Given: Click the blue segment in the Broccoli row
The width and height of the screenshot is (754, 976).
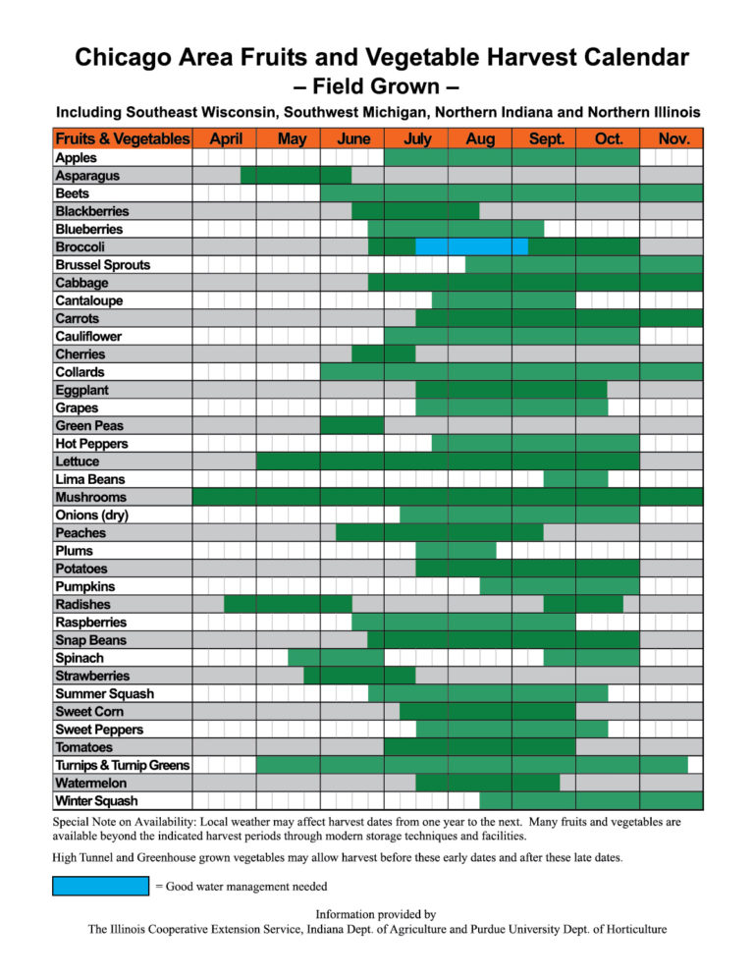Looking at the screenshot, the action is [x=471, y=247].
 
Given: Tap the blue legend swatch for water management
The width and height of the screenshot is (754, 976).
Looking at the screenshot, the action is [x=101, y=886].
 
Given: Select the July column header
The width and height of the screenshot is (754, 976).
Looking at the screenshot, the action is [x=416, y=138].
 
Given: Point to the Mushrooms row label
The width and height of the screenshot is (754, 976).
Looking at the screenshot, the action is [x=91, y=498].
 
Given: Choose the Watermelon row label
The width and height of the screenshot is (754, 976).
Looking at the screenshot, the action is [x=91, y=783].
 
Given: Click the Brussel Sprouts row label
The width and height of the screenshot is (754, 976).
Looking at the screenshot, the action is [x=103, y=265].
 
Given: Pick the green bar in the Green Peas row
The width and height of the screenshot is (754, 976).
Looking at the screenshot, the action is [x=352, y=426].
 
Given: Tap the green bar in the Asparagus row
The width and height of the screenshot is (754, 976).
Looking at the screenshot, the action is [x=296, y=176].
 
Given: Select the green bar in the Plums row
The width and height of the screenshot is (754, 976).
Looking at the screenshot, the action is [x=456, y=551].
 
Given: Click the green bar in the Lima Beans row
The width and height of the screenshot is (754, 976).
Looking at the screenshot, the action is [x=576, y=479].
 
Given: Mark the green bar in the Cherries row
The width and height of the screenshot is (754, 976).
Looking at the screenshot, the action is [x=384, y=354].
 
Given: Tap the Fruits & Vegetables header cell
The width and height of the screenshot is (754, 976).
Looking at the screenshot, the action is [x=123, y=138].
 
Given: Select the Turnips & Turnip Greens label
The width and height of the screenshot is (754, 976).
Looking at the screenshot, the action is [x=123, y=765].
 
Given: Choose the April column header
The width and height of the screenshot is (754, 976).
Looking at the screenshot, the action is [x=225, y=138].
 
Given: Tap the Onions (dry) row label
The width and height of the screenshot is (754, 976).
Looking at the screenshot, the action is [x=91, y=515].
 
